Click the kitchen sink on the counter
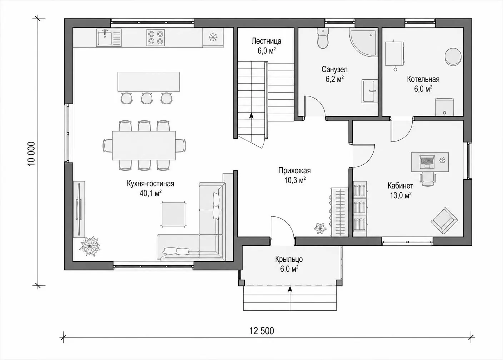(109, 38)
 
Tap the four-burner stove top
(155, 37)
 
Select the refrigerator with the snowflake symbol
(213, 37)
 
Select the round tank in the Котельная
(453, 56)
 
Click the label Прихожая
(294, 171)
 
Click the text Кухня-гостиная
(150, 184)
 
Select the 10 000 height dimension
(32, 154)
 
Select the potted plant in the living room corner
(90, 246)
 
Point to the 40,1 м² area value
(150, 193)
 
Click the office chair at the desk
(428, 179)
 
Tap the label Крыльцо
(289, 259)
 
